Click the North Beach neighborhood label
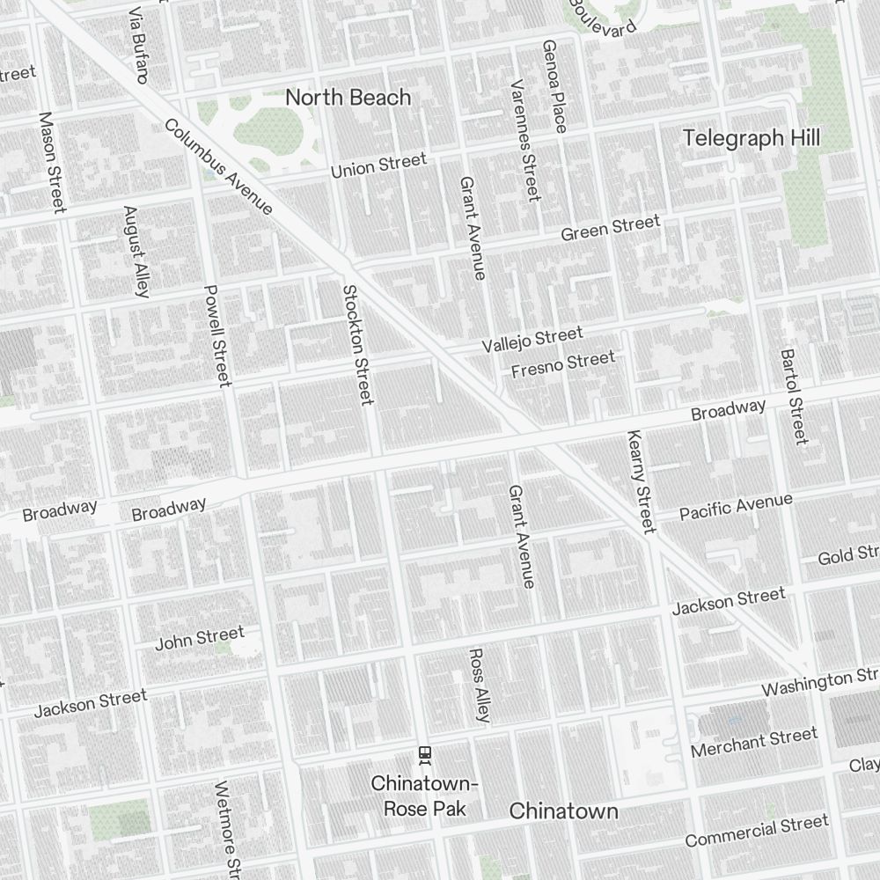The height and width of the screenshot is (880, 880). pyautogui.click(x=348, y=97)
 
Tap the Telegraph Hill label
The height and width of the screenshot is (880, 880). pyautogui.click(x=752, y=138)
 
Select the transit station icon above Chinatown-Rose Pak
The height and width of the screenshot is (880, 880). pyautogui.click(x=425, y=753)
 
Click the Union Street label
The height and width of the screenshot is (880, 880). pyautogui.click(x=378, y=165)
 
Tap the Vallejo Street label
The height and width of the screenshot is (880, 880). pyautogui.click(x=532, y=340)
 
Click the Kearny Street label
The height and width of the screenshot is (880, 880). pyautogui.click(x=641, y=481)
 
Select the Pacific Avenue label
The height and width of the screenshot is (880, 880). pyautogui.click(x=736, y=507)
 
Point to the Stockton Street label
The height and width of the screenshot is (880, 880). pyautogui.click(x=357, y=345)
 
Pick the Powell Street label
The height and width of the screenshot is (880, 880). pyautogui.click(x=216, y=335)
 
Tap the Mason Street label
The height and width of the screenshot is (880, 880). pyautogui.click(x=53, y=162)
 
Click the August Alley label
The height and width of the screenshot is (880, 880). pyautogui.click(x=136, y=252)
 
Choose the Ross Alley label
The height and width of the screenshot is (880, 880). pyautogui.click(x=478, y=686)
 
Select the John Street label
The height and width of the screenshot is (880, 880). pyautogui.click(x=200, y=638)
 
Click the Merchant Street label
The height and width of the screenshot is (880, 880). pyautogui.click(x=754, y=743)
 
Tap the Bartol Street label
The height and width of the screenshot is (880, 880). pyautogui.click(x=793, y=396)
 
